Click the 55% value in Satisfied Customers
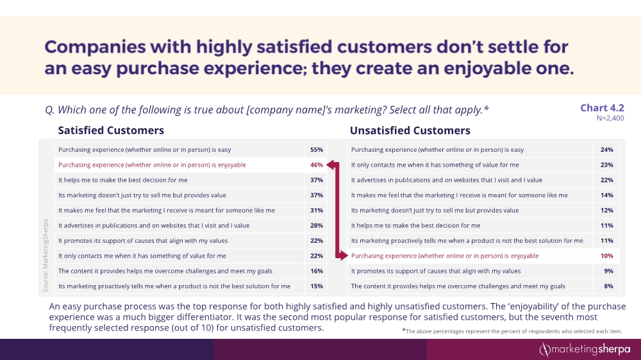tap(316, 150)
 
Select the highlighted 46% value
tap(316, 165)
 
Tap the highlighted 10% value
tap(607, 256)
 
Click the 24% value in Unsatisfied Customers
tap(607, 150)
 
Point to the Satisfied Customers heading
tap(111, 131)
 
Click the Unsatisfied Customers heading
tap(410, 131)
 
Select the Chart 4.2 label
tap(602, 108)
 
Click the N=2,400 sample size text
tap(610, 118)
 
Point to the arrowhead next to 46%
tap(331, 165)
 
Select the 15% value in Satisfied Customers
tap(316, 286)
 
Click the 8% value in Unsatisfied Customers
tap(608, 286)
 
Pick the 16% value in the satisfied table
tap(316, 271)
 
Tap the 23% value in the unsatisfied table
tap(607, 165)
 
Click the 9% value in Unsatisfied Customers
tap(608, 271)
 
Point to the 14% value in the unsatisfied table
tap(607, 195)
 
